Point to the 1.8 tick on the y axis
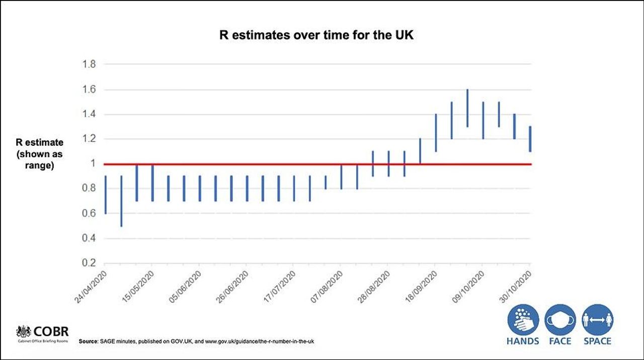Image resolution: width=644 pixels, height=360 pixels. pyautogui.click(x=89, y=64)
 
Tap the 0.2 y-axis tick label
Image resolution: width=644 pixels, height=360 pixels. pyautogui.click(x=89, y=263)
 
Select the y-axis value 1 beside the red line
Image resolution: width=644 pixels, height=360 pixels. pyautogui.click(x=93, y=164)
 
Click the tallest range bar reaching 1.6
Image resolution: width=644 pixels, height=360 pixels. pyautogui.click(x=467, y=108)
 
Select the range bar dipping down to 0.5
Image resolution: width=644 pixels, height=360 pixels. pyautogui.click(x=121, y=201)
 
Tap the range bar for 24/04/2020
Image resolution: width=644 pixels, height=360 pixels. pyautogui.click(x=105, y=195)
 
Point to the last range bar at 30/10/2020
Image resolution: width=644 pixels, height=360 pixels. pyautogui.click(x=530, y=139)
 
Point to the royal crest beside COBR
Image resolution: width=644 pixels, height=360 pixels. pyautogui.click(x=24, y=332)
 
